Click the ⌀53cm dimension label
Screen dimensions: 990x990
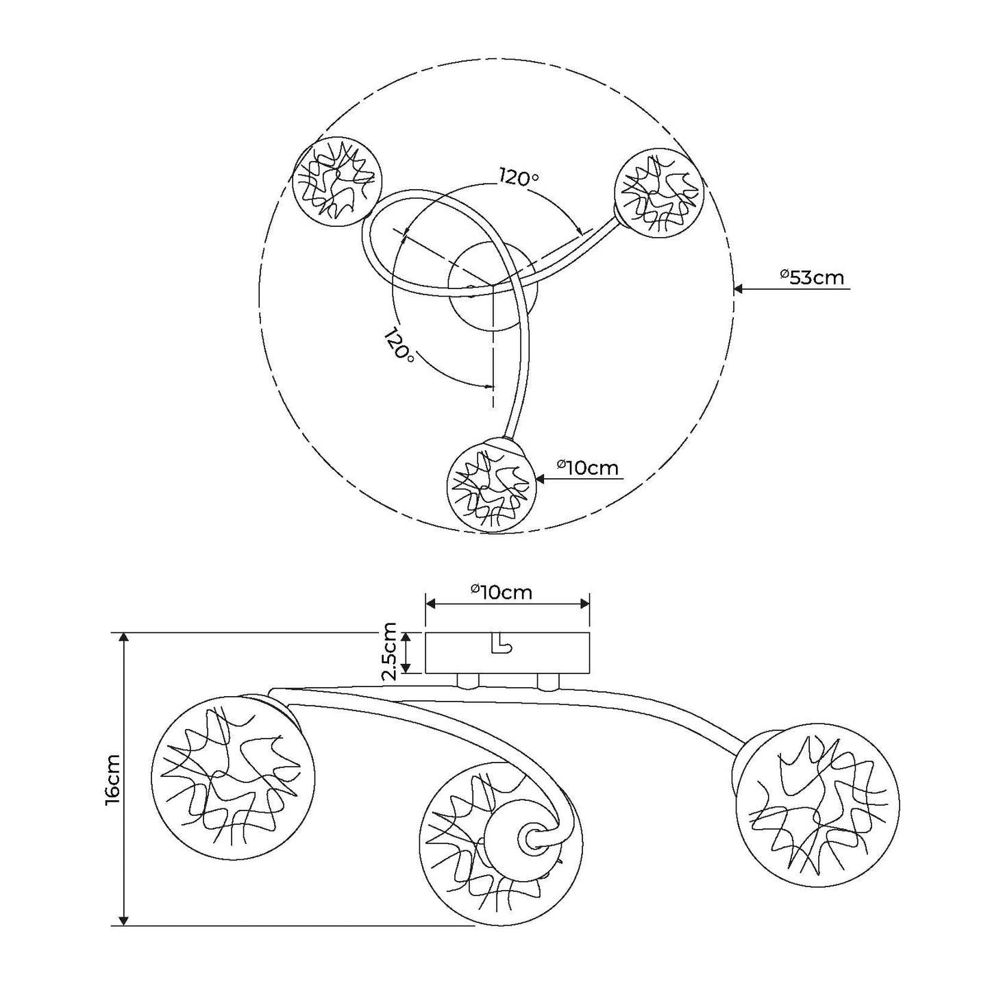click(x=812, y=277)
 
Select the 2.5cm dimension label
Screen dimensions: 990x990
click(x=389, y=651)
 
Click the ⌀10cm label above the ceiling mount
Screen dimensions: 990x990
click(x=502, y=592)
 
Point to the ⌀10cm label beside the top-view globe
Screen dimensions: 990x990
click(x=587, y=468)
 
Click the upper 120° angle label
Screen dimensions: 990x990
click(x=518, y=177)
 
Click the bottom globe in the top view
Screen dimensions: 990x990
click(x=489, y=487)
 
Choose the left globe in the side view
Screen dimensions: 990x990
click(x=233, y=778)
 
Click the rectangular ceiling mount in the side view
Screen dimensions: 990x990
click(x=507, y=652)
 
